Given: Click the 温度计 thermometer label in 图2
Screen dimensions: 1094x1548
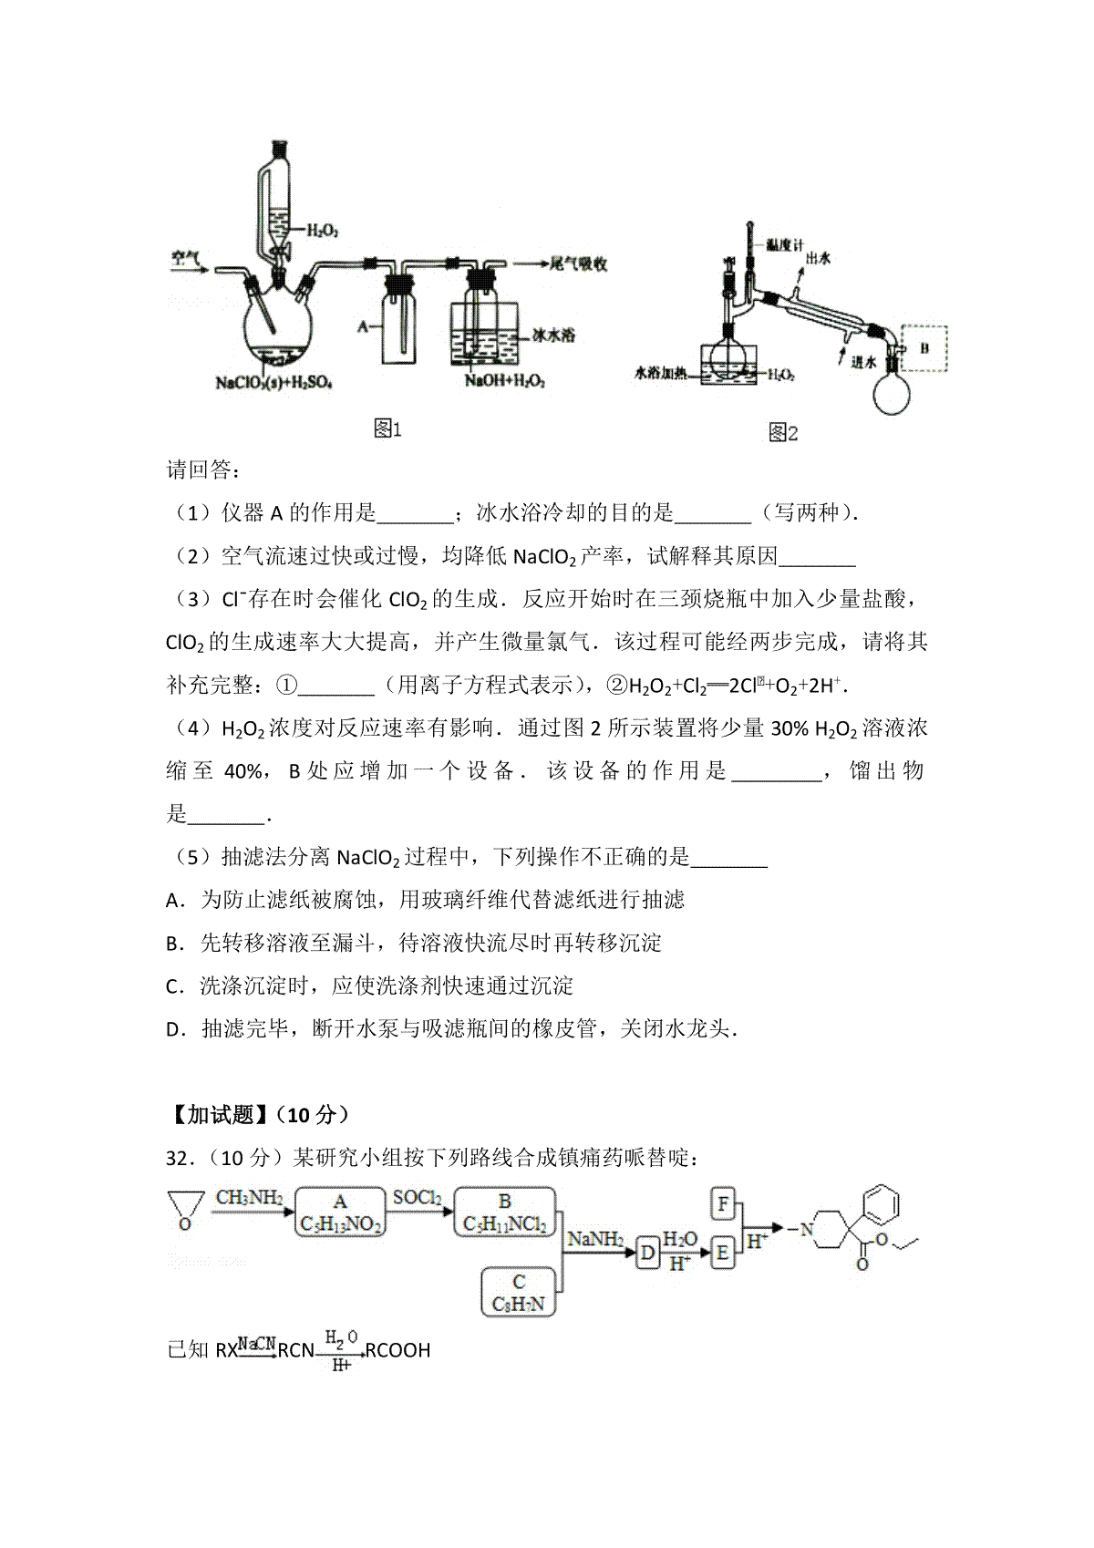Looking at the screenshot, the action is tap(784, 245).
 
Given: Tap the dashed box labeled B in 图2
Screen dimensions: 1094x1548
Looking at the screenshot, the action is tap(924, 349).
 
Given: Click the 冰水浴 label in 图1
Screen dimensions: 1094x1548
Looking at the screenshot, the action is tap(552, 335).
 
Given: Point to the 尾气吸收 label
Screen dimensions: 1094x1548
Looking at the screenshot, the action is tap(578, 263).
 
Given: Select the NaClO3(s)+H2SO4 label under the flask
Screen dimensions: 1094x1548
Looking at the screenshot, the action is tap(273, 382).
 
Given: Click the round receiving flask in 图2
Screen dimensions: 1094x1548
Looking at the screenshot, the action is tap(891, 392).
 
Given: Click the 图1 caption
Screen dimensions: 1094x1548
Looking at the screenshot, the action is tap(387, 429).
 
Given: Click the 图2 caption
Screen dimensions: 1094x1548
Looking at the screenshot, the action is tap(783, 433).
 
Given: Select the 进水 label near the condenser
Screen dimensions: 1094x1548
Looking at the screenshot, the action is tap(863, 361).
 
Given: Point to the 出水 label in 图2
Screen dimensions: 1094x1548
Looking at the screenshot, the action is tap(818, 259).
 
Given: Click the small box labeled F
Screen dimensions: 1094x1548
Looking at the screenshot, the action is tap(722, 1203).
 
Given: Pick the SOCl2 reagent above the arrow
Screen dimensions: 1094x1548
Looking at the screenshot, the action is tap(418, 1198).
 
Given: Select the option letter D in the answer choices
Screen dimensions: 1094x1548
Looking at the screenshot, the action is tap(173, 1029).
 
